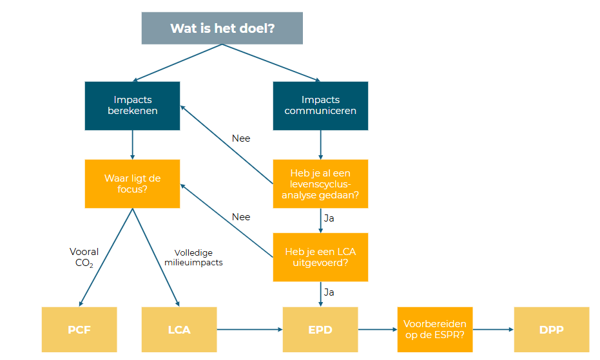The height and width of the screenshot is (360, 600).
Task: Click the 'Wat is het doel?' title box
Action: tap(222, 28)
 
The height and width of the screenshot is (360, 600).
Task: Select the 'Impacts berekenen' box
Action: tap(132, 106)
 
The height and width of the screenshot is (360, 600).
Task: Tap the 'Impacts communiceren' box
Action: tap(320, 106)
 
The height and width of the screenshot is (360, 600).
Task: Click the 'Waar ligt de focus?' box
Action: tap(132, 184)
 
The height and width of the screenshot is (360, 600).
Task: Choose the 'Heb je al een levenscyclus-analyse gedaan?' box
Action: tap(320, 184)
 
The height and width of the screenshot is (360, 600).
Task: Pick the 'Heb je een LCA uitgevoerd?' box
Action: tap(320, 257)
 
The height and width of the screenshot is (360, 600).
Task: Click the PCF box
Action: tap(79, 330)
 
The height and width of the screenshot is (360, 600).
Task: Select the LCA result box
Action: tap(179, 330)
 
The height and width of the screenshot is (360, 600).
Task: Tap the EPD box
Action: tap(320, 330)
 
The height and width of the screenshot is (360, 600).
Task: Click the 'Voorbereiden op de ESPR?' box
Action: tap(434, 330)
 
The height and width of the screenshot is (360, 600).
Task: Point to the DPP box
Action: tap(551, 330)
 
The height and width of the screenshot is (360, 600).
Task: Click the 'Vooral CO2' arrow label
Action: tap(84, 257)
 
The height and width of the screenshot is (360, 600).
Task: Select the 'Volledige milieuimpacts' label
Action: tap(198, 258)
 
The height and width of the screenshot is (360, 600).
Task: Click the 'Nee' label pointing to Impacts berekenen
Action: tap(241, 138)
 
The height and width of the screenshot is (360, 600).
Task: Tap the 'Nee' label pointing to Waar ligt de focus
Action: tap(241, 217)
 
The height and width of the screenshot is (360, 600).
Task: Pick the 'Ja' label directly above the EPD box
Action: tap(329, 292)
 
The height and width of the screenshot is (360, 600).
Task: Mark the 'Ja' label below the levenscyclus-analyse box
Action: tap(329, 218)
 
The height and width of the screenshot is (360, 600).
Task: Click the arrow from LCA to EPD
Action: tap(249, 330)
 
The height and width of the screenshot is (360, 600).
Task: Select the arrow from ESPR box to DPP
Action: tap(492, 330)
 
